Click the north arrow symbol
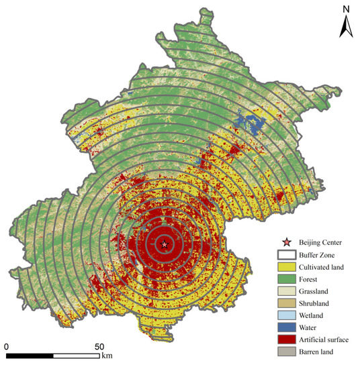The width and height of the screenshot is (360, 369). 345,27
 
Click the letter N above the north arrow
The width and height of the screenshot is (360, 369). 345,9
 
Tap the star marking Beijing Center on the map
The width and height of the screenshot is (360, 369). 165,244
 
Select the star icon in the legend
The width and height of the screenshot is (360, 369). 288,242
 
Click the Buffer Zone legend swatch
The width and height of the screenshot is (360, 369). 288,255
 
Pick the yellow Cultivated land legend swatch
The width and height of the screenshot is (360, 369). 288,267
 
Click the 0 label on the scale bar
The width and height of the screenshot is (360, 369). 7,346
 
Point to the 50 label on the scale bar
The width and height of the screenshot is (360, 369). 98,346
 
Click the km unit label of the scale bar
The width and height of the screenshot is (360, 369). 107,356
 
